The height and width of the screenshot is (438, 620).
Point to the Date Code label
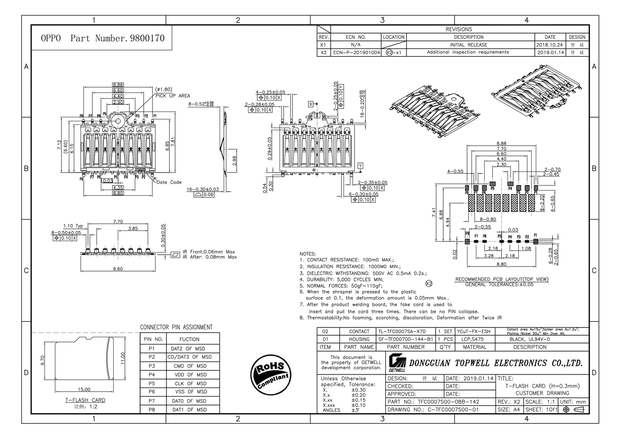[169, 182]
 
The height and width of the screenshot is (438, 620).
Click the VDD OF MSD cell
[189, 374]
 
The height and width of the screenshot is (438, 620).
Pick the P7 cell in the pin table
[152, 401]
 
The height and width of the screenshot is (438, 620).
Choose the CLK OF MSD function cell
[189, 383]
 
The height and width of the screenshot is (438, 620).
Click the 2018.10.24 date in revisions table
[550, 45]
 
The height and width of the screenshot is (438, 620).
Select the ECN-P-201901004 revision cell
[357, 52]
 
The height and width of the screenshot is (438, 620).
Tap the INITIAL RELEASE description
[468, 45]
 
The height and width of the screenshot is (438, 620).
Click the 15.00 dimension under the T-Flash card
[84, 389]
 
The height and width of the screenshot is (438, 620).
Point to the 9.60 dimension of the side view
[118, 269]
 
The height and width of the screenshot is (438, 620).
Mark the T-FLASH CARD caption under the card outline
[85, 400]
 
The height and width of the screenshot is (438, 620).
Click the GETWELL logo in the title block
[397, 364]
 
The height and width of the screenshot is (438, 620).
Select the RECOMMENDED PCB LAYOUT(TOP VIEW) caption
[502, 279]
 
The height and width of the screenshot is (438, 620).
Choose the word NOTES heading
[307, 254]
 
